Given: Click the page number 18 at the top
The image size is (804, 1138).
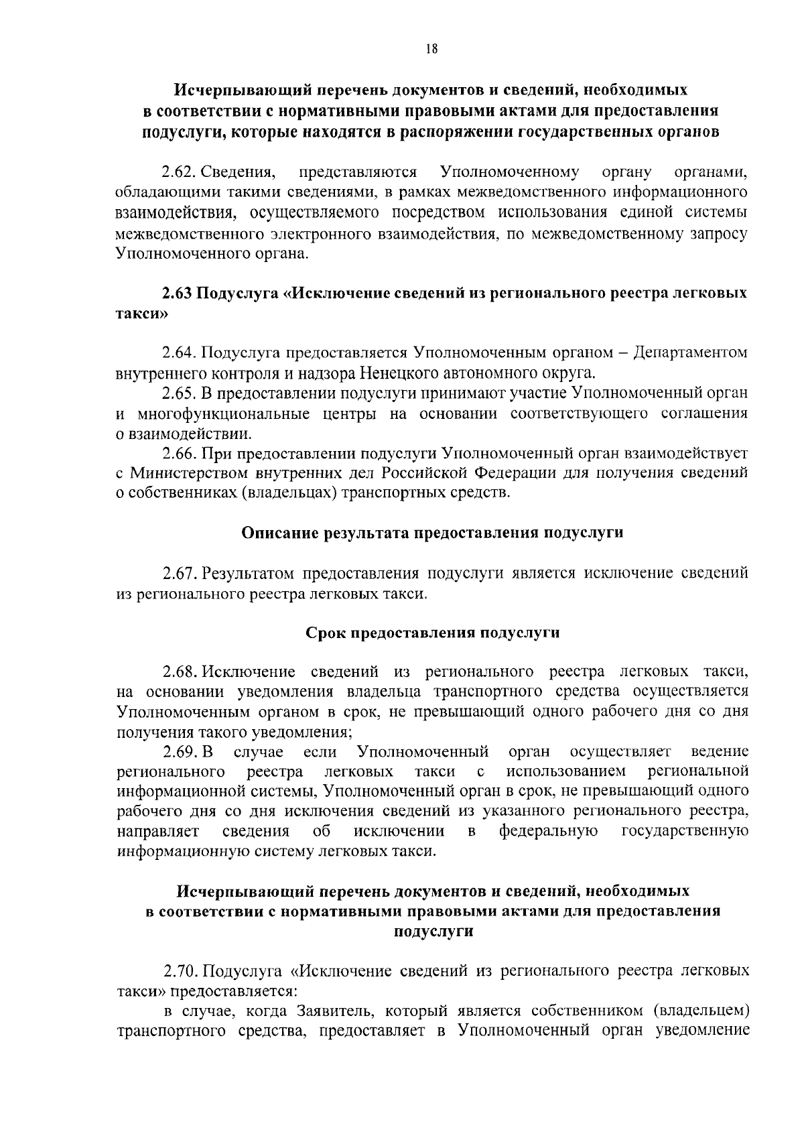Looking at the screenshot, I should [x=431, y=48].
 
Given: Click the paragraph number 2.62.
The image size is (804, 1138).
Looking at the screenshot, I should [x=180, y=174].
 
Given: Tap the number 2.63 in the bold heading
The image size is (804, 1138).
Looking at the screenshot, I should [x=178, y=294].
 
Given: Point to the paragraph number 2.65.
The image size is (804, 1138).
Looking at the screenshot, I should [x=180, y=393].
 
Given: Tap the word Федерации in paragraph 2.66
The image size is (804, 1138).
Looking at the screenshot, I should [x=515, y=473].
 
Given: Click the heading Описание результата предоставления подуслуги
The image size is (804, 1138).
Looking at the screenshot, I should [x=432, y=533].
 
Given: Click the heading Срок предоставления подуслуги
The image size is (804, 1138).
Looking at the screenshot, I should [x=432, y=633].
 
